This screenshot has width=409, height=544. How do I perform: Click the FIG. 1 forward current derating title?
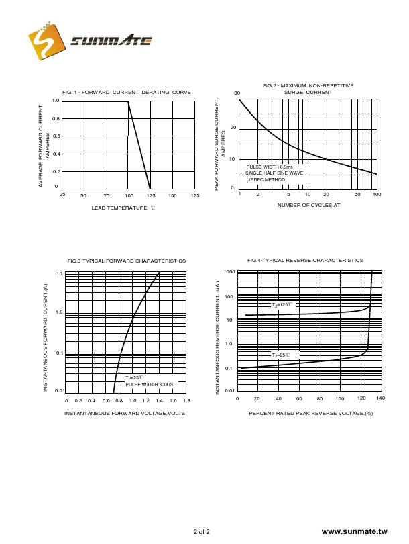(126, 92)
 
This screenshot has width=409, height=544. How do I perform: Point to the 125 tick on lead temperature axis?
(150, 195)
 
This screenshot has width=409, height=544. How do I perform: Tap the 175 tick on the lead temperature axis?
(195, 195)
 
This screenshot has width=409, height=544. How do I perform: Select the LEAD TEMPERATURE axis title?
(123, 208)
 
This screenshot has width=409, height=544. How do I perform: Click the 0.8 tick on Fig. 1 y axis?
(56, 119)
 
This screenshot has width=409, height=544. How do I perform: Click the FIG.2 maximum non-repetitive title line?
(308, 85)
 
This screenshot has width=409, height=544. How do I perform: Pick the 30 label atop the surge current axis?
(237, 93)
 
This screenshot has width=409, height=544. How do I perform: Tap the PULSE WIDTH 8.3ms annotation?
(270, 167)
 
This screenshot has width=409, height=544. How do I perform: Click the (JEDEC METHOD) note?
(266, 179)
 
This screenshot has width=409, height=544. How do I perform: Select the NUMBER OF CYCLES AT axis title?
(308, 205)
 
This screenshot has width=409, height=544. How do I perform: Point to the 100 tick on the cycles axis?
(377, 194)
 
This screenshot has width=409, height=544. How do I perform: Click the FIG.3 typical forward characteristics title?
(126, 261)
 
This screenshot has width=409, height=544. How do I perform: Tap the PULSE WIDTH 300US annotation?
(149, 384)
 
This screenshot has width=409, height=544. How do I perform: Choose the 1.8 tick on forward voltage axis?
(186, 400)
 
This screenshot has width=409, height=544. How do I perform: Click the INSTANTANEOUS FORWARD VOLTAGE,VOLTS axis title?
(124, 413)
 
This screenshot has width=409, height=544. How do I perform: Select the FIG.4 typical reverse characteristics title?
(305, 260)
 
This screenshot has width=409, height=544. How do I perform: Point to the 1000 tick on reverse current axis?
(229, 272)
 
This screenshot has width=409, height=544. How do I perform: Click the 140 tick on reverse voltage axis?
(380, 398)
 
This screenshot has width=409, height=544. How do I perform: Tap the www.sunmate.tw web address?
(354, 531)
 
